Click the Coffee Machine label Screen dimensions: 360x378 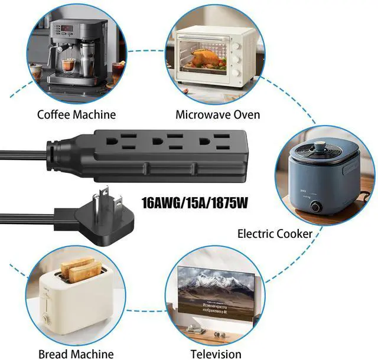pos(76,114)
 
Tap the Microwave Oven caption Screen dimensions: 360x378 pos(217,114)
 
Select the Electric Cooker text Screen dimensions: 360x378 pos(275,234)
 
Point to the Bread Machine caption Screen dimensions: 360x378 pos(76,354)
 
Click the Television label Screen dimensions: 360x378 pos(216,354)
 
